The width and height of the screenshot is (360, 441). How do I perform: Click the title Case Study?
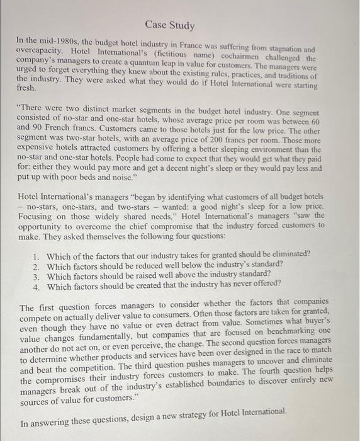pyautogui.click(x=170, y=26)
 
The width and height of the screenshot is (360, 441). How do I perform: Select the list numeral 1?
pyautogui.click(x=37, y=253)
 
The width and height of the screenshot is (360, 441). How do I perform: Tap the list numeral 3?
pyautogui.click(x=37, y=275)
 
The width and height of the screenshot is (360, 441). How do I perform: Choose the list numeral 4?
pyautogui.click(x=37, y=286)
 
